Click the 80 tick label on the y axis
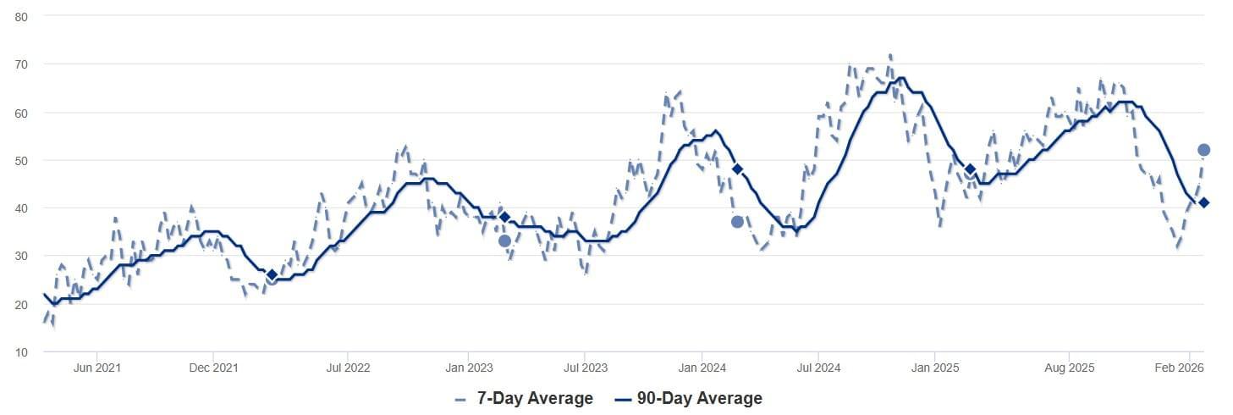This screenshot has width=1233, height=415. point(21,17)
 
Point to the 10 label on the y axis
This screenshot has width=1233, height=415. point(21,352)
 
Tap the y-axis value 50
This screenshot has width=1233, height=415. point(21,160)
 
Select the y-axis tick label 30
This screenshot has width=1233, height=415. point(21,257)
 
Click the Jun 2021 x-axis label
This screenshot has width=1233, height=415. point(96,368)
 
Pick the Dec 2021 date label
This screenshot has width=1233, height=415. point(213,368)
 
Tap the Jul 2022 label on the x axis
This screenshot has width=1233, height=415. point(348,368)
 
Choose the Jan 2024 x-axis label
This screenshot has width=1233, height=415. point(702,368)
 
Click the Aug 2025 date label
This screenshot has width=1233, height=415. point(1070,368)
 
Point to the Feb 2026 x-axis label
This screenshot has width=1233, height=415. point(1179,368)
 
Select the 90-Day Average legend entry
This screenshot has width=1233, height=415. point(689,398)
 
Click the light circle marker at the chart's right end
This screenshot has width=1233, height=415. point(1204,150)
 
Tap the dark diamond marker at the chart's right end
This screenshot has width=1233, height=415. point(1204,202)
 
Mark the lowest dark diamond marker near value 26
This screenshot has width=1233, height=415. point(272,275)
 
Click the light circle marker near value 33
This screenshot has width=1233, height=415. point(504,241)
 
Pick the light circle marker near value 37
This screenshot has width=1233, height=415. point(737,222)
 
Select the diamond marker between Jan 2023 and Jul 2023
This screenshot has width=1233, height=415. point(504,217)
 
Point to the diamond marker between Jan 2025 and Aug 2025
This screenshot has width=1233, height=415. point(971,169)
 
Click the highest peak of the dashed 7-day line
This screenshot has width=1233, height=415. point(890,55)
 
